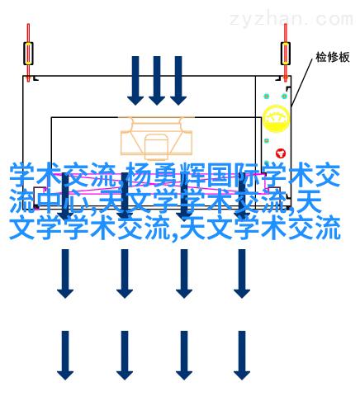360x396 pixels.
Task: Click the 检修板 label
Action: pos(333,57)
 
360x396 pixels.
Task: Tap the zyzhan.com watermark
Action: pos(291,19)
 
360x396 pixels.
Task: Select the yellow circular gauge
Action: pos(276,119)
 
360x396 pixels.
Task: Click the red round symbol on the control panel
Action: pos(281,153)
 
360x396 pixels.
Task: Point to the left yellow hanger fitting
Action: pos(28,54)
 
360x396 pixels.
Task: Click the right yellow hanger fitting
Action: pos(286,54)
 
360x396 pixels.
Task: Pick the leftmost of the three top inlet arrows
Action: pos(135,81)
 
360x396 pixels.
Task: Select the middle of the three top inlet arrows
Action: pos(157,81)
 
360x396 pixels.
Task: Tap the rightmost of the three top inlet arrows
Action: pos(178,81)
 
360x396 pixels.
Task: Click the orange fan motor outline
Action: pos(156,139)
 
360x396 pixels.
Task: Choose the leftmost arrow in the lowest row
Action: pos(65,356)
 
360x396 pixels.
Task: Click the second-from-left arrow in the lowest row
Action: pos(125,356)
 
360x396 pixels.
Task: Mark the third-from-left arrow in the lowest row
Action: pos(184,356)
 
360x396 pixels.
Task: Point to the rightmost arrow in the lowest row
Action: pos(242,356)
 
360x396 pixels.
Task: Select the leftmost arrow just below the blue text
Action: pos(65,274)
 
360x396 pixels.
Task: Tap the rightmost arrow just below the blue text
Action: pos(242,274)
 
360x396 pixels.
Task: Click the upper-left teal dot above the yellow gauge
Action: pos(266,97)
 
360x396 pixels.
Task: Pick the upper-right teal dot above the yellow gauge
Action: pos(284,97)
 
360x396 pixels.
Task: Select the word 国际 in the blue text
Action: pos(232,175)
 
